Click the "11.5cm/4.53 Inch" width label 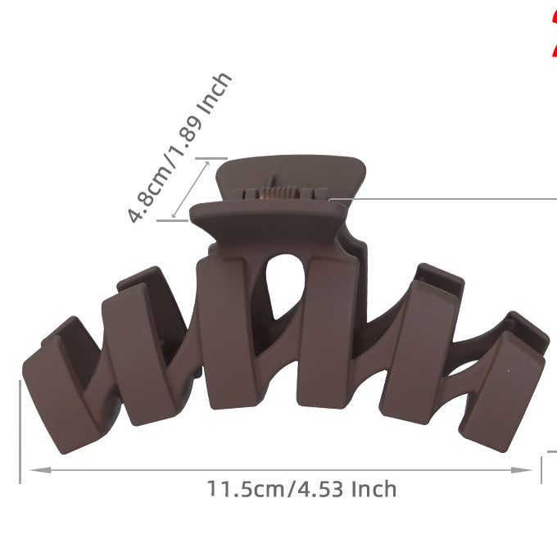301,490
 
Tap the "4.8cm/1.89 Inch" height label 180,147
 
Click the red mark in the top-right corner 552,33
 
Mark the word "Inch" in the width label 374,490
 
